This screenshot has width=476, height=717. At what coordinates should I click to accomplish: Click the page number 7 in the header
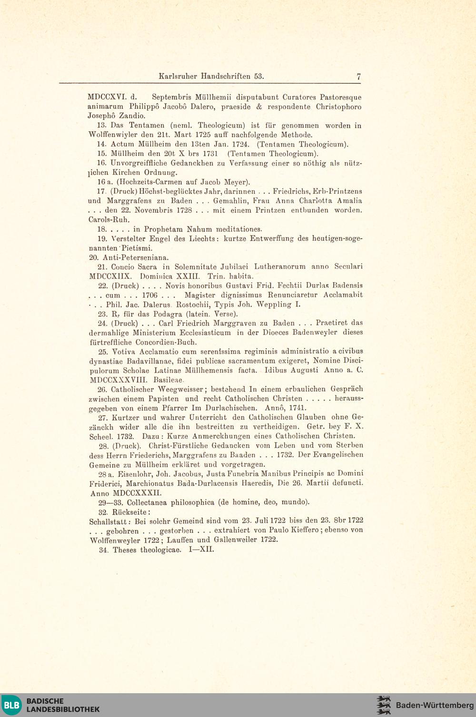pos(358,76)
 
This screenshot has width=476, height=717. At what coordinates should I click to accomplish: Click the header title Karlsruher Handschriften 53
pos(211,76)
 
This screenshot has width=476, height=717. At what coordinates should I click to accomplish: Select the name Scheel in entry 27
pos(99,436)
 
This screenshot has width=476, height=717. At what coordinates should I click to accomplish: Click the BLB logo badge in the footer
pos(11,705)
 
